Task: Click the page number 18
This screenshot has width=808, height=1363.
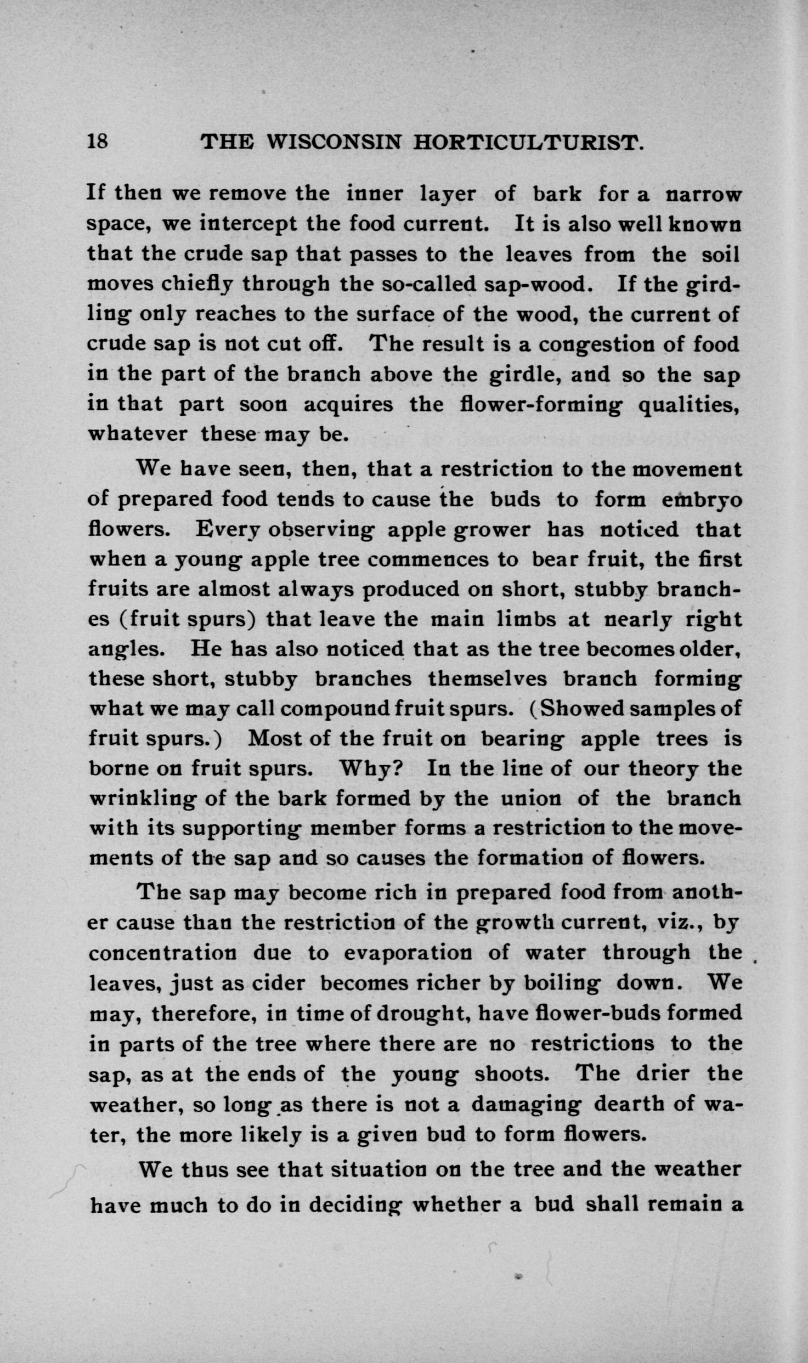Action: (98, 143)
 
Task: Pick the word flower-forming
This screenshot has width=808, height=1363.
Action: (540, 405)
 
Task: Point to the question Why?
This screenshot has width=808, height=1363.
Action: (371, 768)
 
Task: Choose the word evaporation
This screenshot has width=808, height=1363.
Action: (408, 953)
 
